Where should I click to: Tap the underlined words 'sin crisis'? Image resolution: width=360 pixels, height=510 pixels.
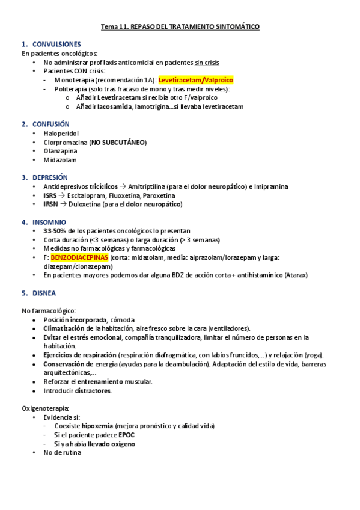207,62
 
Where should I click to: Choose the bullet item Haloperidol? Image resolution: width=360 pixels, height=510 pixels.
61,133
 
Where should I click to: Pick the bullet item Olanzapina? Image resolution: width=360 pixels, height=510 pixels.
60,151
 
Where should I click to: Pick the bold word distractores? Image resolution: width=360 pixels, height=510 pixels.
92,390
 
